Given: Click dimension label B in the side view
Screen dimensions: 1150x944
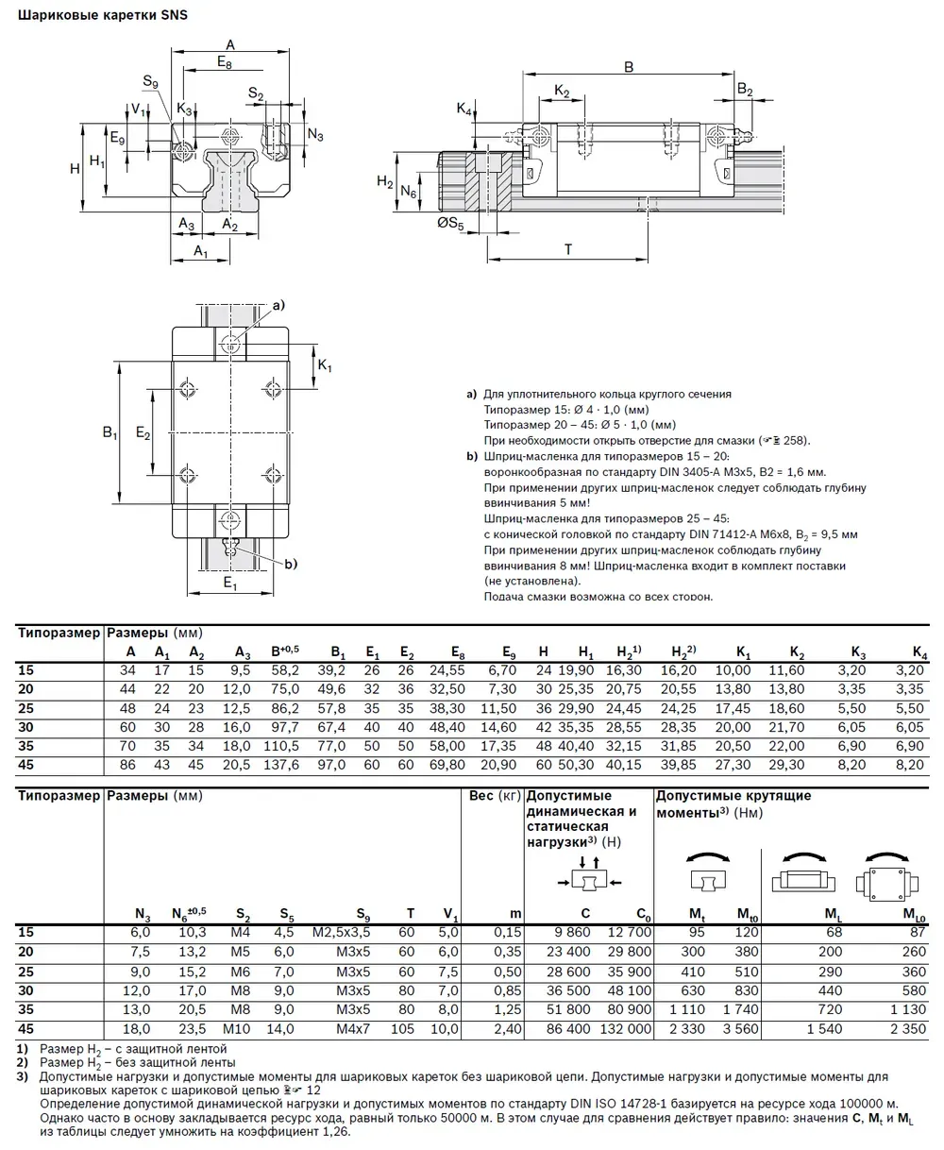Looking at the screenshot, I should coord(628,66).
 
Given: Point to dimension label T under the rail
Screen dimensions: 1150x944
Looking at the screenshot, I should coord(567,249).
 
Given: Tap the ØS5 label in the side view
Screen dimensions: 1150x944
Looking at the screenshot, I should coord(450,225).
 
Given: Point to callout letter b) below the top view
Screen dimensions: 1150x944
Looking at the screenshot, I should coord(290,565).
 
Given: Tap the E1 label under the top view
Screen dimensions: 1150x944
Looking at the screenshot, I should coord(229,583).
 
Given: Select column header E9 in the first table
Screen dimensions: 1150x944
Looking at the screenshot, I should coord(508,652).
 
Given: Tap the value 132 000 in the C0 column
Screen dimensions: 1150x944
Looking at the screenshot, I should coord(627,1029).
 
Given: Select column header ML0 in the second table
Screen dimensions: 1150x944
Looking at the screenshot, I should coord(913,914).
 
